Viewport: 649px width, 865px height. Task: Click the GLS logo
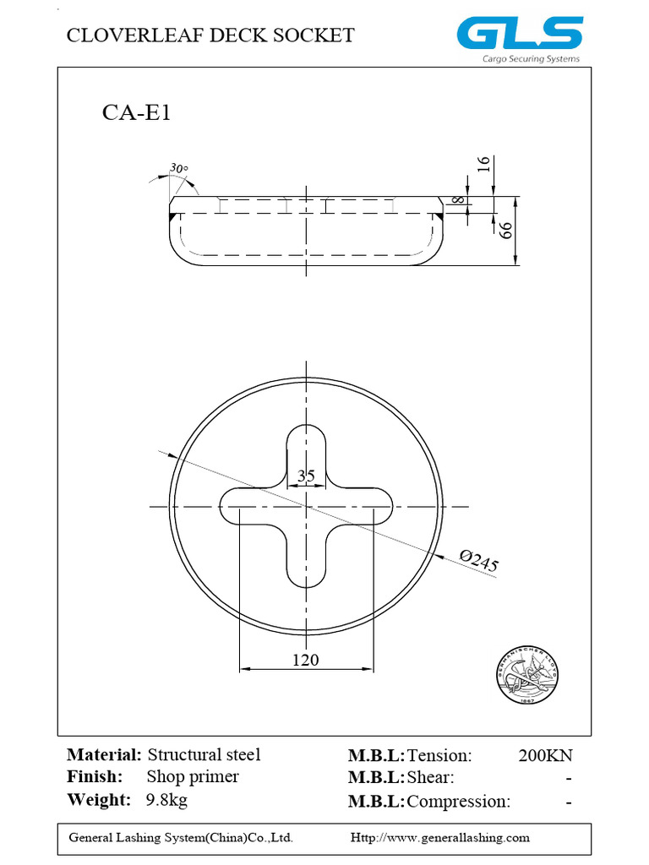coord(520,34)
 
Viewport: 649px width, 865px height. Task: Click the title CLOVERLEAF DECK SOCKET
coord(210,35)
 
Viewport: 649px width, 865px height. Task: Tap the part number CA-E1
coord(136,113)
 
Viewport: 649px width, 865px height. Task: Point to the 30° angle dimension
coord(178,168)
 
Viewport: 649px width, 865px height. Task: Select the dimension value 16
coord(483,164)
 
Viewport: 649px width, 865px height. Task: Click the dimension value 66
coord(506,231)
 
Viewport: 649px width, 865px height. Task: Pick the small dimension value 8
coord(457,199)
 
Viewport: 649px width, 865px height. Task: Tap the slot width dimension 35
coord(306,476)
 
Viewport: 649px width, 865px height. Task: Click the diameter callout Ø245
coord(478,561)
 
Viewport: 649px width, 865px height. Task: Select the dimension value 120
coord(306,660)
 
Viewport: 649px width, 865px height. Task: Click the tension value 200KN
coord(545,755)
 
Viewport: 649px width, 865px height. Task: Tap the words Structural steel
coord(204,754)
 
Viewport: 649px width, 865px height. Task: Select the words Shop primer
coord(193,776)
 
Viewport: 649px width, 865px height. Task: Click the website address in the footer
coord(439,837)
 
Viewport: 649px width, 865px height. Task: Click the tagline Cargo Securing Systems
coord(531,59)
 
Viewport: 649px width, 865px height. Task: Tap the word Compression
coord(458,801)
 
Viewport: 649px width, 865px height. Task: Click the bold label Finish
coord(95,776)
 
